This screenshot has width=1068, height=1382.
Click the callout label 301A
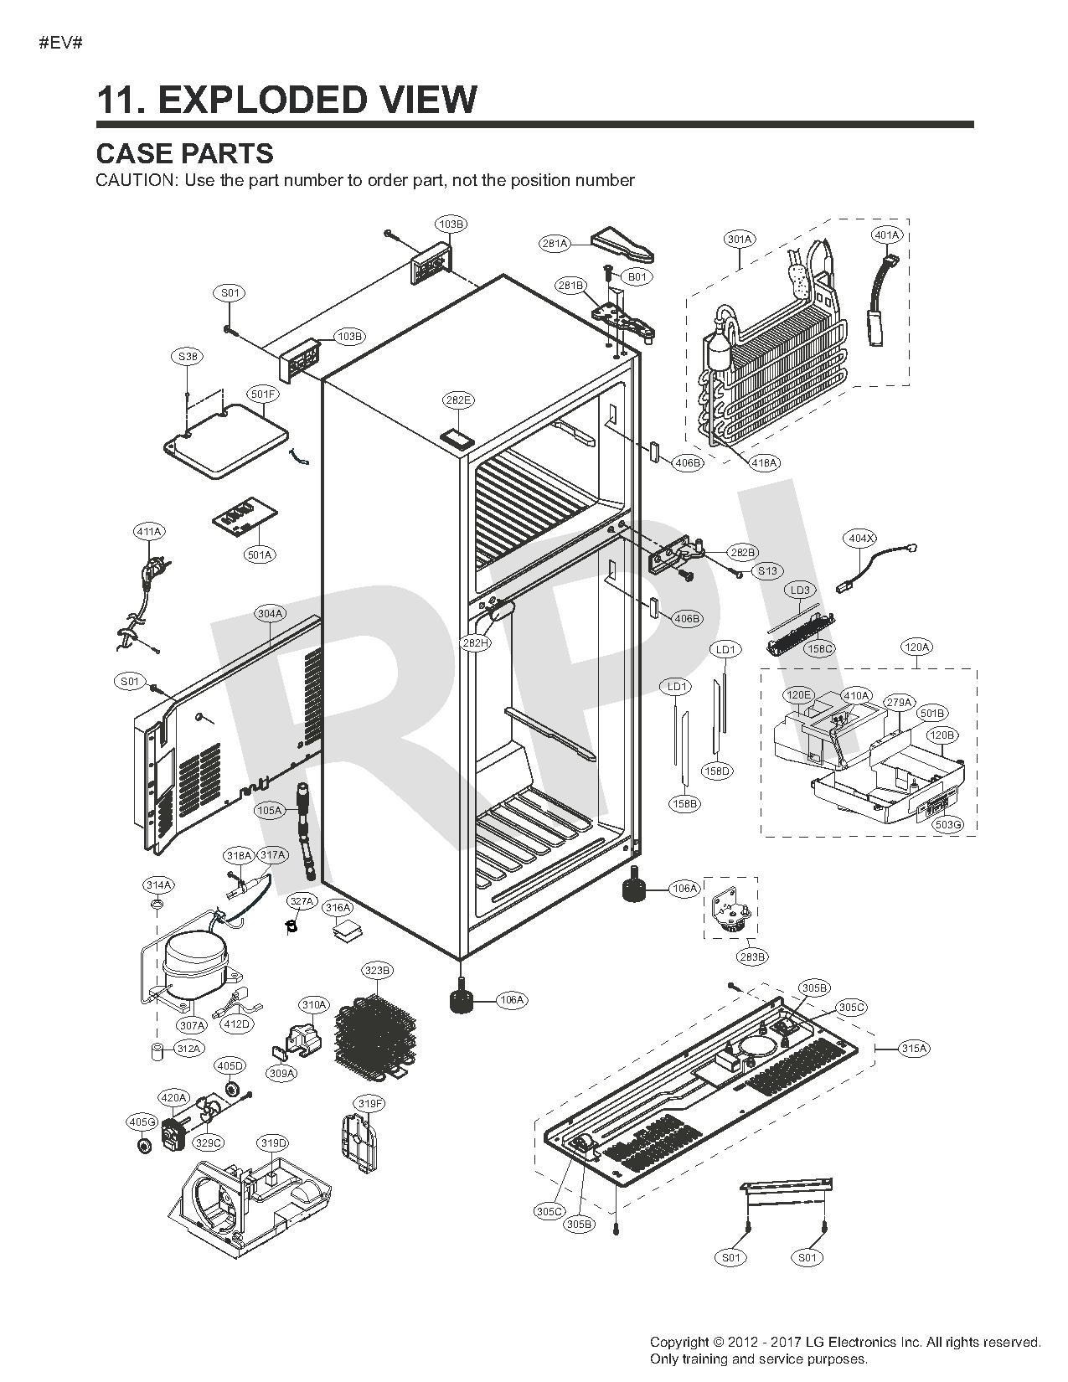740,240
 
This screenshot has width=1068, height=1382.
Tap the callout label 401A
886,235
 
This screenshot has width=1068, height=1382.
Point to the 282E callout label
457,400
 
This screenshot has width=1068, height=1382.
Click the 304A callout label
271,614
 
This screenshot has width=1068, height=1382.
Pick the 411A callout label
149,532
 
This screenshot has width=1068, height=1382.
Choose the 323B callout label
376,971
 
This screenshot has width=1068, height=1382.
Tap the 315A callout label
914,1049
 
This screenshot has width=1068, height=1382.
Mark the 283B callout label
751,957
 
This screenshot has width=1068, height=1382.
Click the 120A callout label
916,647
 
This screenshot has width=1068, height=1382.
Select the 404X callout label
860,539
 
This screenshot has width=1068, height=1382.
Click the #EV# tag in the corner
60,43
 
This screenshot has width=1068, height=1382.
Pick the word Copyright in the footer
679,1343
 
